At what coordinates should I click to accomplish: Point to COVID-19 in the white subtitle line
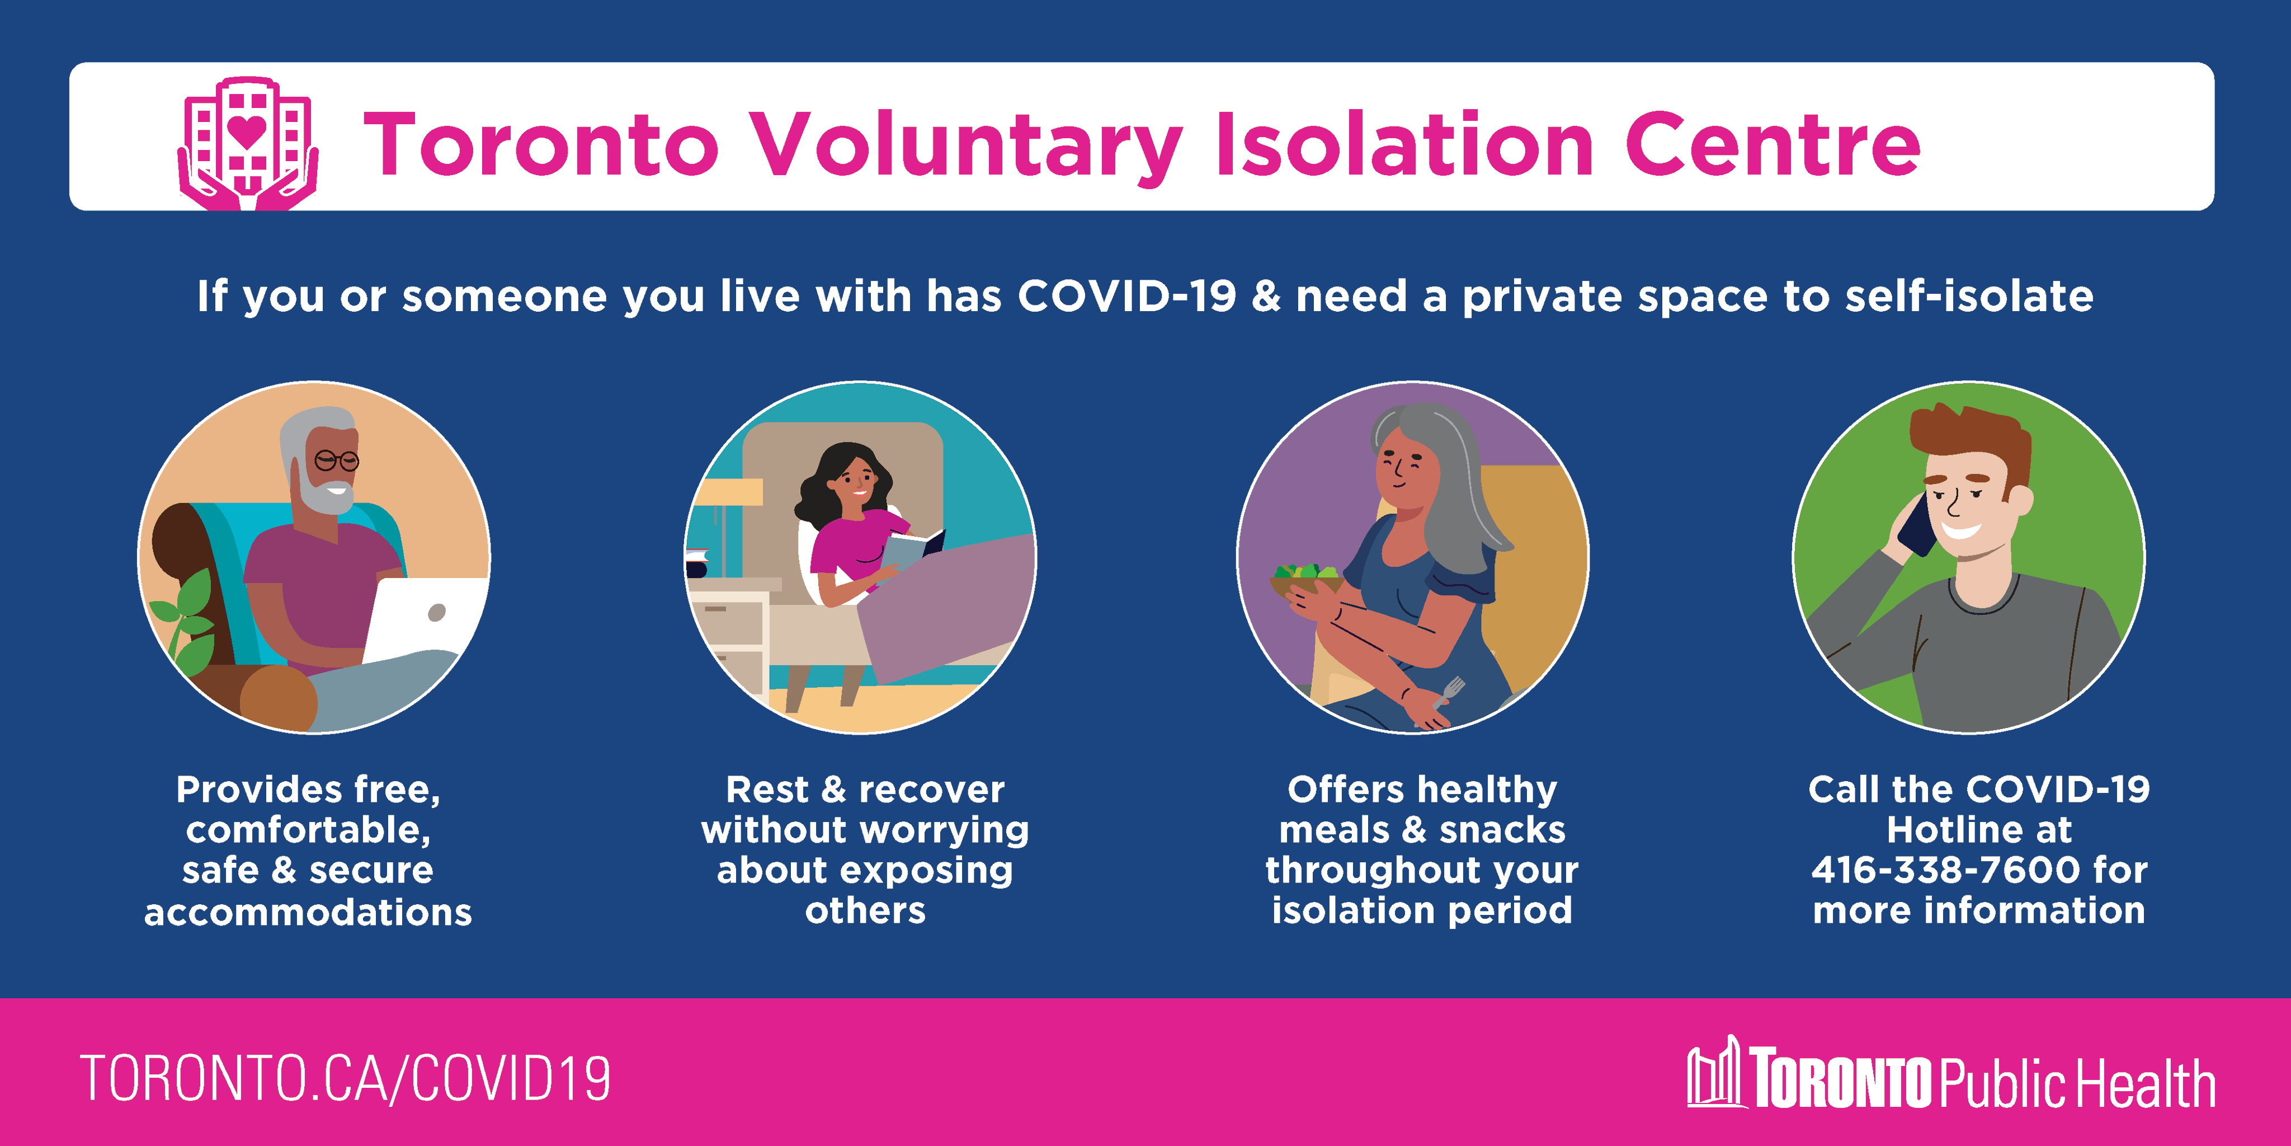1127,295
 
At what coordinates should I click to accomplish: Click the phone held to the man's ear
1918,525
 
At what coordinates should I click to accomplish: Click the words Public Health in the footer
2077,1083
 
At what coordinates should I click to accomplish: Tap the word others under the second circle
865,910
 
